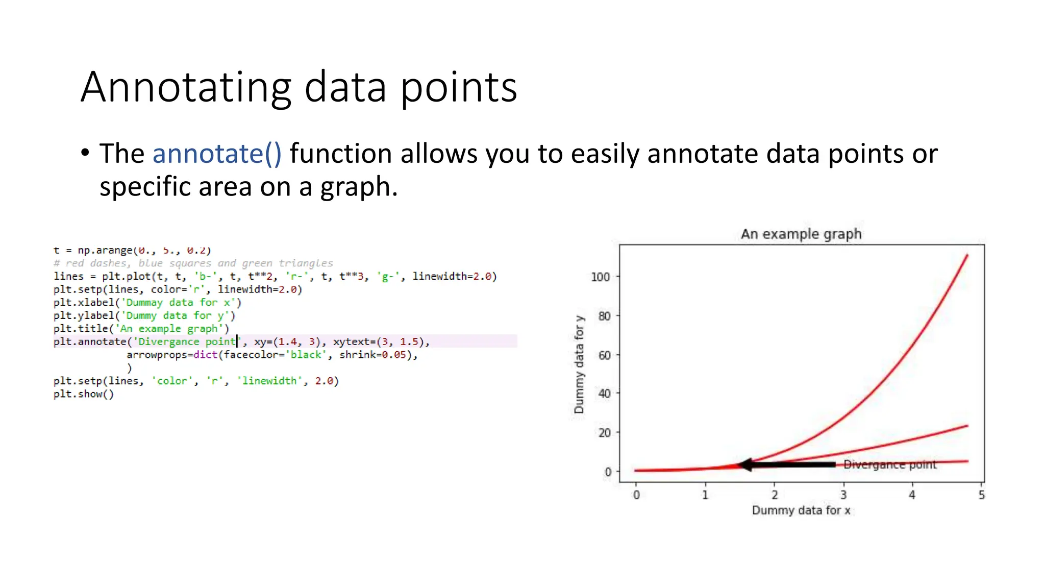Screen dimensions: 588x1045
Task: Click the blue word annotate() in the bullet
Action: pyautogui.click(x=217, y=154)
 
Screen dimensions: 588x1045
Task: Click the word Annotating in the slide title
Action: pyautogui.click(x=186, y=88)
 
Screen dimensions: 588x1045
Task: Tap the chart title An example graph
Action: pyautogui.click(x=801, y=234)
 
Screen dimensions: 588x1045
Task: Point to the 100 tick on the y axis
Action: pyautogui.click(x=601, y=277)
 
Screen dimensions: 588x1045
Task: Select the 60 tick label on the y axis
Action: pyautogui.click(x=604, y=355)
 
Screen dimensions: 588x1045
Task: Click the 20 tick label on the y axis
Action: pyautogui.click(x=604, y=433)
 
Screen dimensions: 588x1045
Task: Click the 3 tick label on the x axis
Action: pyautogui.click(x=843, y=495)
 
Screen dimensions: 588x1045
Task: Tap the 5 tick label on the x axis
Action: pyautogui.click(x=981, y=495)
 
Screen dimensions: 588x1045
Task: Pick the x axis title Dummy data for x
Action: pyautogui.click(x=801, y=510)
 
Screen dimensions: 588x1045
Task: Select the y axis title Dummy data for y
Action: pyautogui.click(x=579, y=364)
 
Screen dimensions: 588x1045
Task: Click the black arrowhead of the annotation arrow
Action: pyautogui.click(x=746, y=464)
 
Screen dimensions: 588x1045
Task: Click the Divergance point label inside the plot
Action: pyautogui.click(x=890, y=464)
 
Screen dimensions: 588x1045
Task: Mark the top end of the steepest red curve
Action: pyautogui.click(x=967, y=255)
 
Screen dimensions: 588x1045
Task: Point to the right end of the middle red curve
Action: pyautogui.click(x=967, y=426)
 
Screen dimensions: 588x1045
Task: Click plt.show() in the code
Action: pyautogui.click(x=84, y=394)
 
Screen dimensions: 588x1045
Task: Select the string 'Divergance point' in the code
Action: pyautogui.click(x=187, y=341)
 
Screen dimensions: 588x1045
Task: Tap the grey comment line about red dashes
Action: pyautogui.click(x=193, y=263)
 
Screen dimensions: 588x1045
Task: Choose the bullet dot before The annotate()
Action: pyautogui.click(x=85, y=153)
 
